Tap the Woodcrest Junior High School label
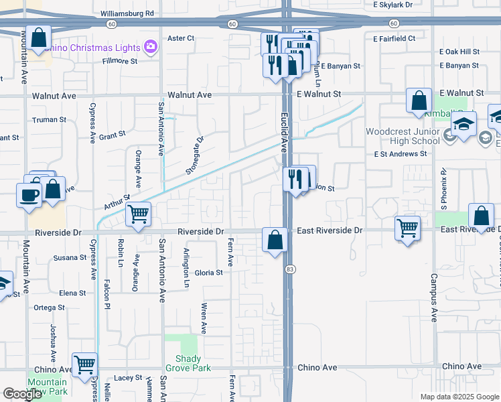coord(403,136)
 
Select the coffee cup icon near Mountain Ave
coord(29,195)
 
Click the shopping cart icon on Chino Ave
coord(84,365)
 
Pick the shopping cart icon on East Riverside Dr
coord(407,228)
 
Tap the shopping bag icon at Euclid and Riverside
coord(275,239)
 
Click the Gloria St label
coord(208,273)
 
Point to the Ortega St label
coord(49,308)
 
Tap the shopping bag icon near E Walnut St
coord(419,100)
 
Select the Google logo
coord(22,394)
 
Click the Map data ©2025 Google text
coord(459,397)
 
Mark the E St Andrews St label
coord(401,153)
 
